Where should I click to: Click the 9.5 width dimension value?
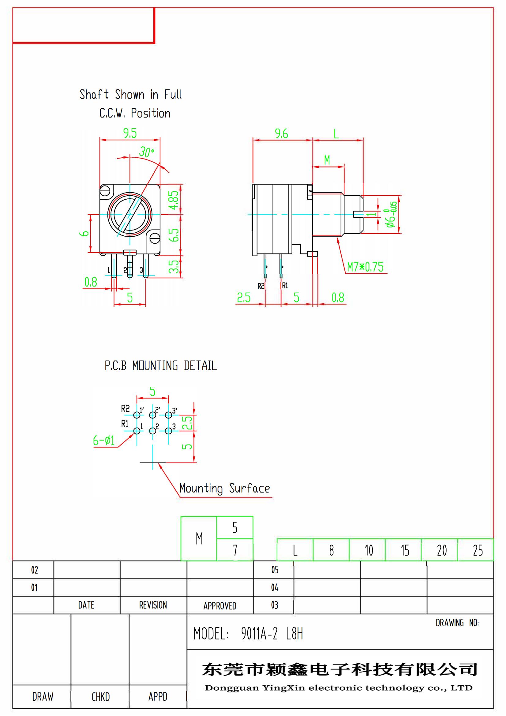point(130,133)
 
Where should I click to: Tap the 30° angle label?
point(146,152)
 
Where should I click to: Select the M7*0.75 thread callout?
point(365,267)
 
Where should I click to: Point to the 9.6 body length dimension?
point(281,133)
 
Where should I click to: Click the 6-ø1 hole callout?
point(104,440)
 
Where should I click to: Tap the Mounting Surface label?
point(224,488)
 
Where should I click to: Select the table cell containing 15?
point(405,550)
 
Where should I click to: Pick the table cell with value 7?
point(235,550)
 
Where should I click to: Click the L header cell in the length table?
point(295,550)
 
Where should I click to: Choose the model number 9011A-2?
point(259,634)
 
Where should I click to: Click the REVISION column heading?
point(153,605)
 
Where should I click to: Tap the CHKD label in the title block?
point(100,697)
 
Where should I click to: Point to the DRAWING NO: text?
point(457,623)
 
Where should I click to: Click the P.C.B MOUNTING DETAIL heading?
point(161,365)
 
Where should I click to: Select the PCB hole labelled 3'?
point(168,415)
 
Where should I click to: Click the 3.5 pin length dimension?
point(174,266)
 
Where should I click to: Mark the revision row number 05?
point(275,570)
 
